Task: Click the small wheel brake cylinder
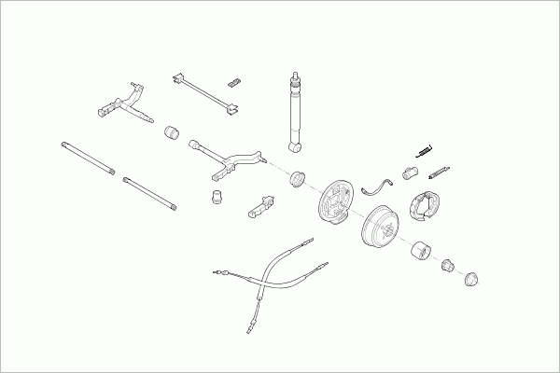(x=409, y=172)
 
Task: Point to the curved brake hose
(x=379, y=183)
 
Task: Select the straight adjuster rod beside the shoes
(x=439, y=173)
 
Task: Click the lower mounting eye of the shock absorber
(x=296, y=146)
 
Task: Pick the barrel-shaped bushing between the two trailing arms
(x=171, y=133)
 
